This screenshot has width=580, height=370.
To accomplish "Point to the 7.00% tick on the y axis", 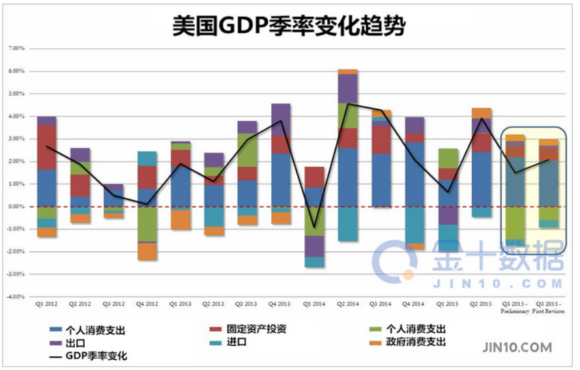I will click(x=16, y=48).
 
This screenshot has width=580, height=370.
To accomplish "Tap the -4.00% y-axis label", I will click(x=16, y=296).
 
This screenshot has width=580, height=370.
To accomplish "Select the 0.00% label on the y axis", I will click(x=16, y=206).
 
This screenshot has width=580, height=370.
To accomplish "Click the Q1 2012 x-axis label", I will click(x=46, y=304).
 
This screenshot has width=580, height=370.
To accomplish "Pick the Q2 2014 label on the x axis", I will click(x=347, y=304).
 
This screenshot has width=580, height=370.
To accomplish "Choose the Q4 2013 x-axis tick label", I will click(x=280, y=304).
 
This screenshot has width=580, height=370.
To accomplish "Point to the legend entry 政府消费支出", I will click(x=417, y=342).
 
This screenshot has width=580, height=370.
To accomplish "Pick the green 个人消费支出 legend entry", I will click(x=416, y=329).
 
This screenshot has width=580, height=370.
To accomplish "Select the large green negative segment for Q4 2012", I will click(x=147, y=224).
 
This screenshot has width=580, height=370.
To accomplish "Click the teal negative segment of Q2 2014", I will click(x=347, y=223).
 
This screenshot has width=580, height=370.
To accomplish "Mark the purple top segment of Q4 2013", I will click(x=280, y=119).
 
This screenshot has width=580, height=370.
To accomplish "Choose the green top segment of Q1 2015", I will click(x=448, y=158).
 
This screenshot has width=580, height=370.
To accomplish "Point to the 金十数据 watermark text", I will click(x=496, y=260).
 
